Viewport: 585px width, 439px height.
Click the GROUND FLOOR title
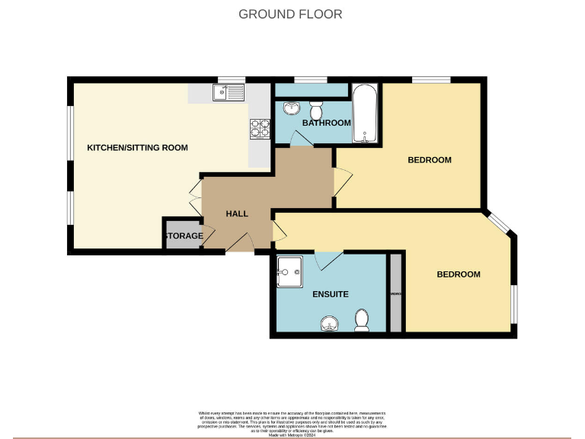pos(290,14)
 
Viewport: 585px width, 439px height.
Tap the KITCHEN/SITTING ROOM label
pos(137,148)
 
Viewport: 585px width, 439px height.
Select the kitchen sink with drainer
pos(228,94)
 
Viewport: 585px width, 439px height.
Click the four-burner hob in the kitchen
pos(260,129)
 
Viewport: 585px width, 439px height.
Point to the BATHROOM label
pos(326,123)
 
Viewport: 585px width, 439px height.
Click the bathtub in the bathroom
pos(365,114)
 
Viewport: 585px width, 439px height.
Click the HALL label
pos(237,214)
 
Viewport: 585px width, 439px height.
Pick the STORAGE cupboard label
pos(184,236)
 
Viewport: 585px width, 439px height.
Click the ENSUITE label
pos(330,294)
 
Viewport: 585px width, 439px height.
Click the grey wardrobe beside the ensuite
pos(395,293)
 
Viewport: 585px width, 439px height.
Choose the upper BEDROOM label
pos(430,160)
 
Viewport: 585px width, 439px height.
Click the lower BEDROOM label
pos(459,274)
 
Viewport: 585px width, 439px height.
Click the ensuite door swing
pos(328,260)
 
